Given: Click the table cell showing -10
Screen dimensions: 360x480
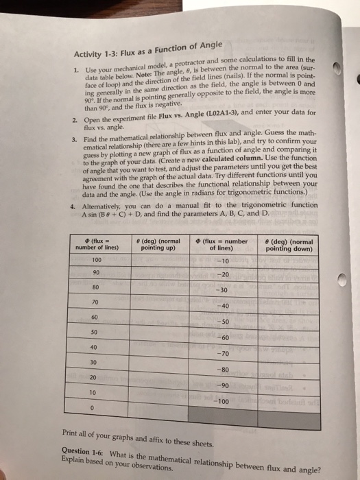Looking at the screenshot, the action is click(221, 263).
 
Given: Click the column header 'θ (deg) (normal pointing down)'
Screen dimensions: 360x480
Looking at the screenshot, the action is click(288, 245).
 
